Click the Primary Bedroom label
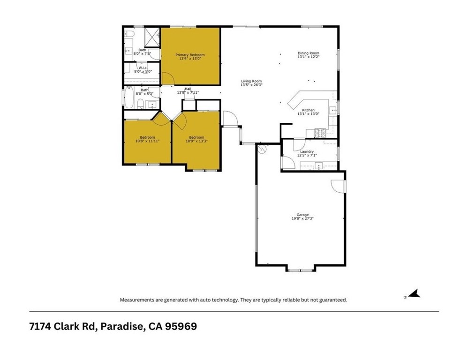coord(190,55)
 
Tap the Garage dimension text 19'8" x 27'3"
coord(302,218)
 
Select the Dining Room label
coord(308,53)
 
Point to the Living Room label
coord(251,81)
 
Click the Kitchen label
coord(308,110)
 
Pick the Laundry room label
coord(307,151)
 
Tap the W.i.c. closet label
coord(143,68)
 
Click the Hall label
coord(188,89)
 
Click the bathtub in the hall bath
coord(129,97)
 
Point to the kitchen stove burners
coord(321,133)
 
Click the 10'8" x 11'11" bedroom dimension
coord(147,141)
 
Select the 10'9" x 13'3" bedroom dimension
coord(196,141)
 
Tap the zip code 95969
coord(181,326)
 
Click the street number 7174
coord(40,326)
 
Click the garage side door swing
coord(338,186)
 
